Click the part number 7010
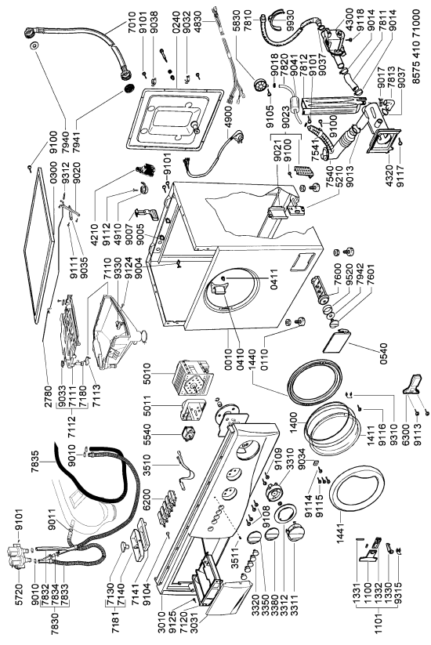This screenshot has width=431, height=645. (x=132, y=24)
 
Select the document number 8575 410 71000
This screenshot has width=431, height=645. (x=417, y=47)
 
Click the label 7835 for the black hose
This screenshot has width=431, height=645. (x=34, y=462)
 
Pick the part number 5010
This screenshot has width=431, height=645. (x=147, y=374)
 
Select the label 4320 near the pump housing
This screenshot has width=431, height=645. (x=390, y=176)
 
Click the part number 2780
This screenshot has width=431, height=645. (x=48, y=396)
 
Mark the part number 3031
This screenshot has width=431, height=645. (x=193, y=622)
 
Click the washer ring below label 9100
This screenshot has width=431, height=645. (x=34, y=45)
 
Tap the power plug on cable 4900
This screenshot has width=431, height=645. (x=238, y=136)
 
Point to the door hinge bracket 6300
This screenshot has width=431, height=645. (x=412, y=384)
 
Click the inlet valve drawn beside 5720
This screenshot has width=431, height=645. (x=19, y=553)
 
